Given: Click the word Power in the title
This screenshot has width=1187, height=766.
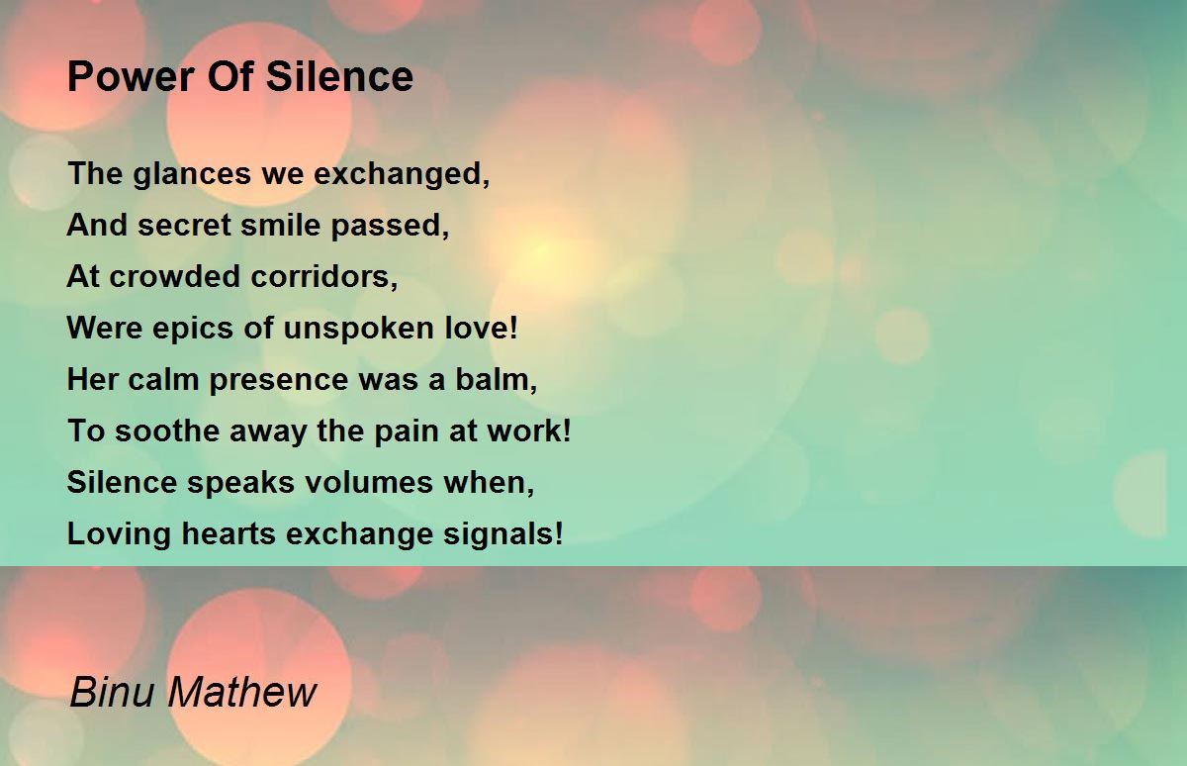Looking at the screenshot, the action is [132, 77].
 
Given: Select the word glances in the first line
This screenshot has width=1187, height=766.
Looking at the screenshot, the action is [192, 175].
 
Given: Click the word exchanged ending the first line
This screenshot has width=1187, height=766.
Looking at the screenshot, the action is [402, 175].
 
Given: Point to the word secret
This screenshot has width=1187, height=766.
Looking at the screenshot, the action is [185, 226].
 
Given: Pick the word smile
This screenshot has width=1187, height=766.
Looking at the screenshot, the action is [280, 225].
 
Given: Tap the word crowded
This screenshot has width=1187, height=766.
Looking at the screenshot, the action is [175, 276].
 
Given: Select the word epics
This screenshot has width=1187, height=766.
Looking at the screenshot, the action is [193, 329].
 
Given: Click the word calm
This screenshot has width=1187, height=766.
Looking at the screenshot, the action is [163, 380].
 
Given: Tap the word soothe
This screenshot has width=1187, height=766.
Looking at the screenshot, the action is [167, 431].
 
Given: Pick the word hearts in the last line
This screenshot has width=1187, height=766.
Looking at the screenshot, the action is [228, 533].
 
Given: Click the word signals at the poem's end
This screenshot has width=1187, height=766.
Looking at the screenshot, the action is [503, 534].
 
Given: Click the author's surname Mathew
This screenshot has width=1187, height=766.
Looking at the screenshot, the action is [242, 692].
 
